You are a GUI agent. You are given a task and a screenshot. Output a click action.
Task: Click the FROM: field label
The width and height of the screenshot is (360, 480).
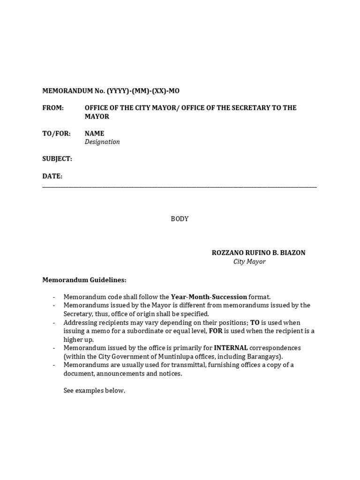point(53,108)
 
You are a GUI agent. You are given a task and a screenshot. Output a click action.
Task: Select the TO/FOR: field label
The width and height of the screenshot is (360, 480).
point(56,134)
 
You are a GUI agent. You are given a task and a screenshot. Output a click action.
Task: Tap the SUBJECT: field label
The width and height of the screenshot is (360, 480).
point(57,159)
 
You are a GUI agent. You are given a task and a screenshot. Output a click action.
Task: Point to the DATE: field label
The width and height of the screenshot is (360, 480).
point(52,176)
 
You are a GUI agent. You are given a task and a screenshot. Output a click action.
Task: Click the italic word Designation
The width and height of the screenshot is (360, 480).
point(102,142)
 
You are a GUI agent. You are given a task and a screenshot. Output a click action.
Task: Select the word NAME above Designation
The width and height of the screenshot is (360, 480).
point(94,134)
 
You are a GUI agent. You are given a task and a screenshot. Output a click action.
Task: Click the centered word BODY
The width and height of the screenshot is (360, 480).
point(180,219)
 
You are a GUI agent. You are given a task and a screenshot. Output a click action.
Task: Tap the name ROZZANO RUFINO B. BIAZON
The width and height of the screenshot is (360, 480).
point(258,253)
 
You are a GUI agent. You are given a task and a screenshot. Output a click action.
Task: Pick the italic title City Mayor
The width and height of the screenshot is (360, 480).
point(249,262)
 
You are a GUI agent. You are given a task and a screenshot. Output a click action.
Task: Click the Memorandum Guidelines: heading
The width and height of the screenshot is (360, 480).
point(84,280)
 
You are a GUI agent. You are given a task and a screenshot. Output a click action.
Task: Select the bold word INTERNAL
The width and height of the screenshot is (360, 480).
point(231,348)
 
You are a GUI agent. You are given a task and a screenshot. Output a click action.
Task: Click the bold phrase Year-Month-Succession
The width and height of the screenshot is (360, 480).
point(209,297)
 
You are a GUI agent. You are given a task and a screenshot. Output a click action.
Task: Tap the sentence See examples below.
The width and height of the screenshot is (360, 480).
point(94,390)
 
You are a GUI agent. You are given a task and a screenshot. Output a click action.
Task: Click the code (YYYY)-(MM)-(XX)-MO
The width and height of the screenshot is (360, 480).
point(143,91)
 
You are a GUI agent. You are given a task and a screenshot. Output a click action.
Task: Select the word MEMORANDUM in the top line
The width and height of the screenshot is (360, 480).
point(65,91)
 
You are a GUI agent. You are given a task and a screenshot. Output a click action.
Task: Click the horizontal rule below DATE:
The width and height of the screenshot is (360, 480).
point(180,187)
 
